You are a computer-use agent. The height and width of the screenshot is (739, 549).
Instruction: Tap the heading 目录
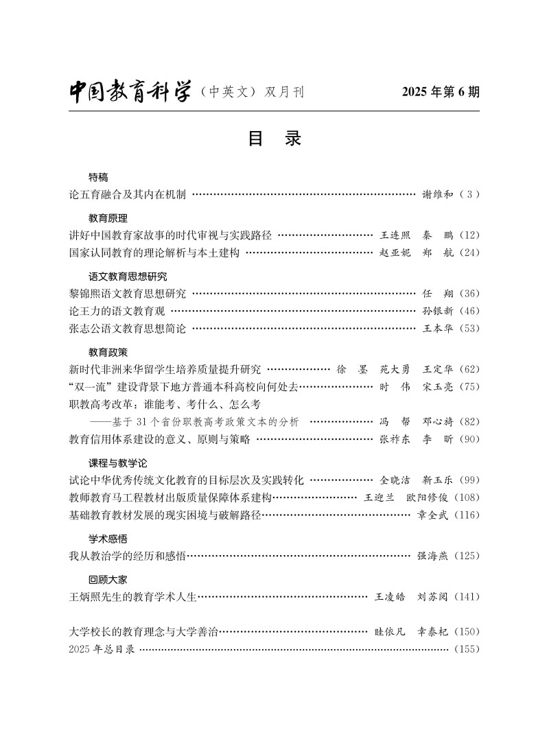coord(274,139)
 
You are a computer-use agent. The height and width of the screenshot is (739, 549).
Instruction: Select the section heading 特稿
coord(98,177)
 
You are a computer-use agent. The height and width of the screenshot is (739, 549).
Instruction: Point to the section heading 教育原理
coord(108,218)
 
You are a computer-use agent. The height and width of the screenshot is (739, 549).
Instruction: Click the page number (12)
coord(469,235)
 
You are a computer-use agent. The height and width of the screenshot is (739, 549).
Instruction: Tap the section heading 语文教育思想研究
coord(128,277)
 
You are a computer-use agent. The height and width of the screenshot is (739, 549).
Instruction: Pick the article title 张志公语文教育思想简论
coord(128,328)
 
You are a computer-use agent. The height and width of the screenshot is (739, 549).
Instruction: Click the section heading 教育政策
coord(108,352)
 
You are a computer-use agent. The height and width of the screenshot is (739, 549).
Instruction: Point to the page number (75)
coord(469,387)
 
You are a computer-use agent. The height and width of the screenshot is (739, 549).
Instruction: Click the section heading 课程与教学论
coord(117,462)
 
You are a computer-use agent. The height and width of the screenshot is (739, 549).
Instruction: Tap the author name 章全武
coord(433,515)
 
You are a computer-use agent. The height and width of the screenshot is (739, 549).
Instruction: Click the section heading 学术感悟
coord(108,539)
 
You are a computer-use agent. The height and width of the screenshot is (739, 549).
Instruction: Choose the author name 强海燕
coord(433,555)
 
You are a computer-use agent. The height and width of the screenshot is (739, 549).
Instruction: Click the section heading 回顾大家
coord(108,579)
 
